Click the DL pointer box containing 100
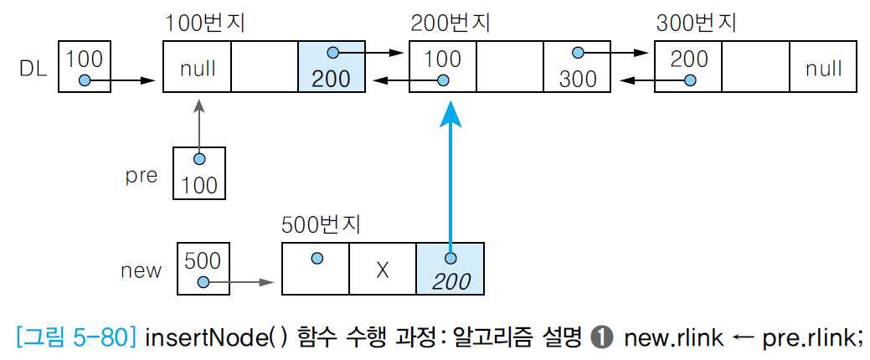pyautogui.click(x=84, y=67)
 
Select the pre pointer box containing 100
pyautogui.click(x=199, y=172)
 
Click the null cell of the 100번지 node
pyautogui.click(x=197, y=67)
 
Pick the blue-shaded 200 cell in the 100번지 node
pyautogui.click(x=332, y=67)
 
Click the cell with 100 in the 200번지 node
pyautogui.click(x=442, y=67)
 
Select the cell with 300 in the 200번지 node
pyautogui.click(x=578, y=67)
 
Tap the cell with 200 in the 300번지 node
pyautogui.click(x=687, y=67)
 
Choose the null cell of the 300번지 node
pyautogui.click(x=823, y=67)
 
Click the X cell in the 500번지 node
pyautogui.click(x=382, y=270)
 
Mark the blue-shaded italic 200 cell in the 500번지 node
pyautogui.click(x=450, y=270)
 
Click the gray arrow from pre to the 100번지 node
pyautogui.click(x=199, y=126)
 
